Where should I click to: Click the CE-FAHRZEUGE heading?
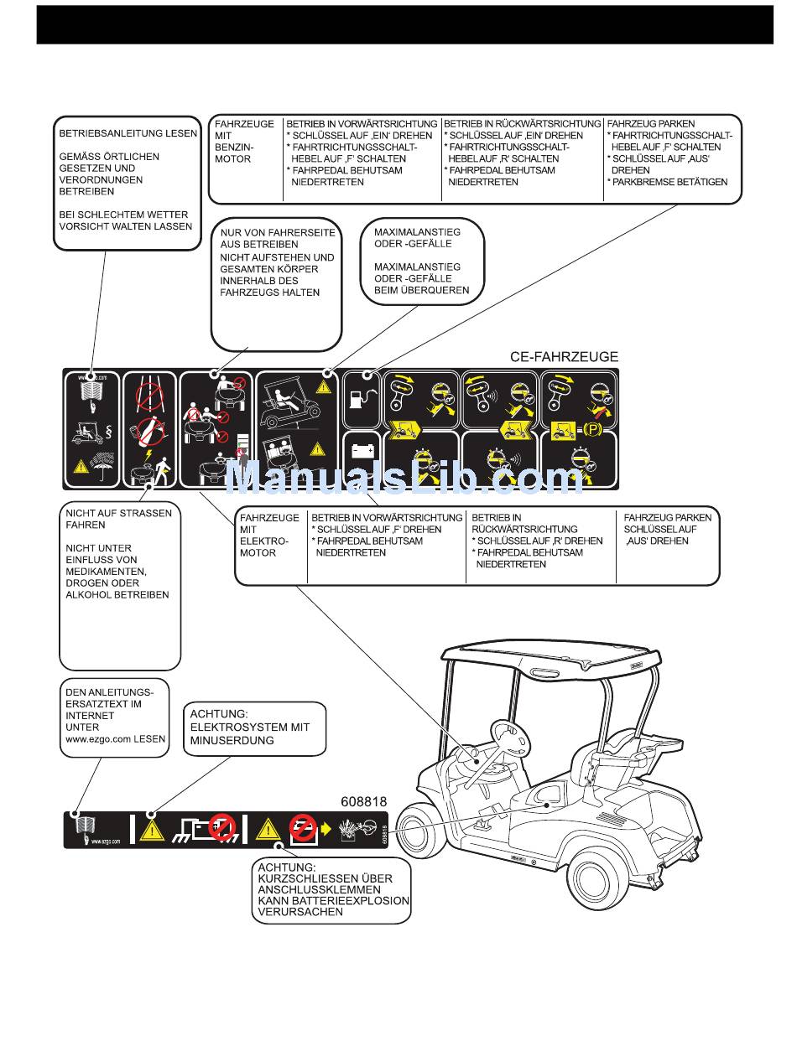point(564,356)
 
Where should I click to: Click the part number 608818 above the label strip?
point(364,801)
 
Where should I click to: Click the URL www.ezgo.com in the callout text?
point(116,739)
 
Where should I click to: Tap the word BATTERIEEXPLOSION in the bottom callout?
point(334,901)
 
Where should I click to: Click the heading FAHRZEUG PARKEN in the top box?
point(651,123)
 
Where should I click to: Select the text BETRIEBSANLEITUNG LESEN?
point(128,133)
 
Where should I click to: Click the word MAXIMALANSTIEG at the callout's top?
point(417,231)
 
